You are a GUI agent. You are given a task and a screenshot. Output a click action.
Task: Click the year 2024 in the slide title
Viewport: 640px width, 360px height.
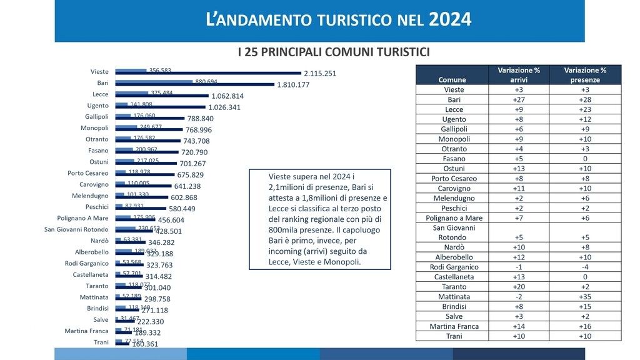[x=450, y=19]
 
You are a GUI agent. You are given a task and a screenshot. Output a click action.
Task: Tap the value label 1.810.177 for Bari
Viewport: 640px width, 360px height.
[x=293, y=85]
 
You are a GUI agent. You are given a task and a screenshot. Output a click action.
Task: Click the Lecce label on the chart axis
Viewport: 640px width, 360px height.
[x=100, y=94]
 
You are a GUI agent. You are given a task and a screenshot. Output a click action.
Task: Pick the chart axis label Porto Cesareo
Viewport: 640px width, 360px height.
[x=87, y=173]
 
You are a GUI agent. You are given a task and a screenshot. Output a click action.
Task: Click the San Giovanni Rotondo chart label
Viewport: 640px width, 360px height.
[x=76, y=229]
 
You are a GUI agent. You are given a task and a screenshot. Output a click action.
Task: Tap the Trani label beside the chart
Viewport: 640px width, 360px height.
[x=101, y=342]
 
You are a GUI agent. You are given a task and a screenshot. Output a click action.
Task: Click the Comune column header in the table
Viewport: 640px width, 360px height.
[x=452, y=80]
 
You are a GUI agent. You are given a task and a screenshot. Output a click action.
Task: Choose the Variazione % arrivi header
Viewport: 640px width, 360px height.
[x=519, y=75]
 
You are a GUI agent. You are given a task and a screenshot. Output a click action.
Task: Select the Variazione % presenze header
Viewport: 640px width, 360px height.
[x=585, y=75]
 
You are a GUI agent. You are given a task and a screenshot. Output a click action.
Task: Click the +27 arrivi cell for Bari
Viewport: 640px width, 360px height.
[x=519, y=100]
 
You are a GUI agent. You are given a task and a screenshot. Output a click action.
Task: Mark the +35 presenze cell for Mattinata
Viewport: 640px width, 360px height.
[x=585, y=297]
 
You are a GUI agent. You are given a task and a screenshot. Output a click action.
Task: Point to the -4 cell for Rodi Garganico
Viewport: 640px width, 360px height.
[x=585, y=267]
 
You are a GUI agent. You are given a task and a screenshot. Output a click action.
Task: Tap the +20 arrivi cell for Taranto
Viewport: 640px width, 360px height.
[x=519, y=287]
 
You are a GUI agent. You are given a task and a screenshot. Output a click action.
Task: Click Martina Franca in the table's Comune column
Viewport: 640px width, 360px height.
[x=452, y=326]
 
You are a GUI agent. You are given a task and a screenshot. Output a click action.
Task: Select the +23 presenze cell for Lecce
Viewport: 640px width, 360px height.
[x=585, y=109]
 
